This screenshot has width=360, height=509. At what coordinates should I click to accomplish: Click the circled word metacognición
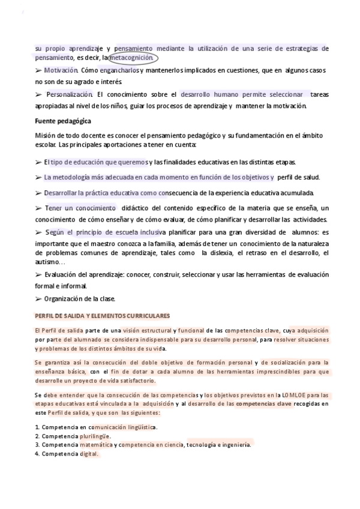131,58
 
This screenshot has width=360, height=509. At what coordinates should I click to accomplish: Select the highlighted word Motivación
61,71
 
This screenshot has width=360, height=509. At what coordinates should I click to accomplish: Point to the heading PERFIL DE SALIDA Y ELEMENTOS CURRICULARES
103,316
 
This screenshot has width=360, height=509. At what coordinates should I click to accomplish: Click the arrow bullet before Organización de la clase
38,298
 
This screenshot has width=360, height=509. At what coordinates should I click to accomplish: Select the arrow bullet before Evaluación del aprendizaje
38,274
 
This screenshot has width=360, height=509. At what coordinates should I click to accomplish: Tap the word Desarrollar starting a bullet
62,193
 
